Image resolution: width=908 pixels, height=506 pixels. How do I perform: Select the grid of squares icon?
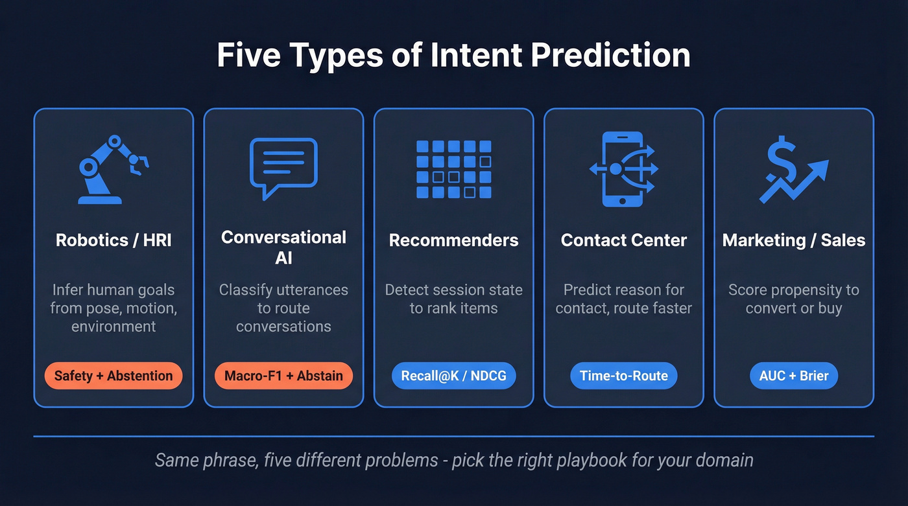pyautogui.click(x=453, y=169)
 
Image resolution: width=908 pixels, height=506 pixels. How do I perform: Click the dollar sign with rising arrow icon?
pyautogui.click(x=793, y=169)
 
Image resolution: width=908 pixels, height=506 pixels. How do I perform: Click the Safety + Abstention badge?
pyautogui.click(x=113, y=376)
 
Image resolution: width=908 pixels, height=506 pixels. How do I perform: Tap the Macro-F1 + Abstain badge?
pyautogui.click(x=283, y=376)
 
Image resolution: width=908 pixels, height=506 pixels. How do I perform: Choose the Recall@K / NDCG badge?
pyautogui.click(x=453, y=376)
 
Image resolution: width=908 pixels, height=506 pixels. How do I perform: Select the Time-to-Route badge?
pyautogui.click(x=623, y=376)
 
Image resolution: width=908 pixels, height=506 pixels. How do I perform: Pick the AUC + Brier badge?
pyautogui.click(x=793, y=376)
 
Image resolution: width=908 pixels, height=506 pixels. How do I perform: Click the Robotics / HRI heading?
pyautogui.click(x=113, y=240)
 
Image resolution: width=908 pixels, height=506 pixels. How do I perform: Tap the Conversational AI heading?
pyautogui.click(x=283, y=247)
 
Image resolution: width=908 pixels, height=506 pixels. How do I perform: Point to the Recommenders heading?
pyautogui.click(x=453, y=240)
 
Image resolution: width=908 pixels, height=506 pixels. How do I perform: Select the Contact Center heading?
pyautogui.click(x=623, y=240)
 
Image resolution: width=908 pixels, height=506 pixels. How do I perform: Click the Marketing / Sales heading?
pyautogui.click(x=793, y=240)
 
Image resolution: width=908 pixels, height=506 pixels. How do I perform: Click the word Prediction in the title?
pyautogui.click(x=610, y=56)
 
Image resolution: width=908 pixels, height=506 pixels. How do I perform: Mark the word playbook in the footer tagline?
pyautogui.click(x=625, y=461)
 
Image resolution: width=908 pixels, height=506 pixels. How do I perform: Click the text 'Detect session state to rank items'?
pyautogui.click(x=453, y=299)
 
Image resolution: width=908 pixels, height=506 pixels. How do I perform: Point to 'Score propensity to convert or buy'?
pyautogui.click(x=793, y=299)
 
